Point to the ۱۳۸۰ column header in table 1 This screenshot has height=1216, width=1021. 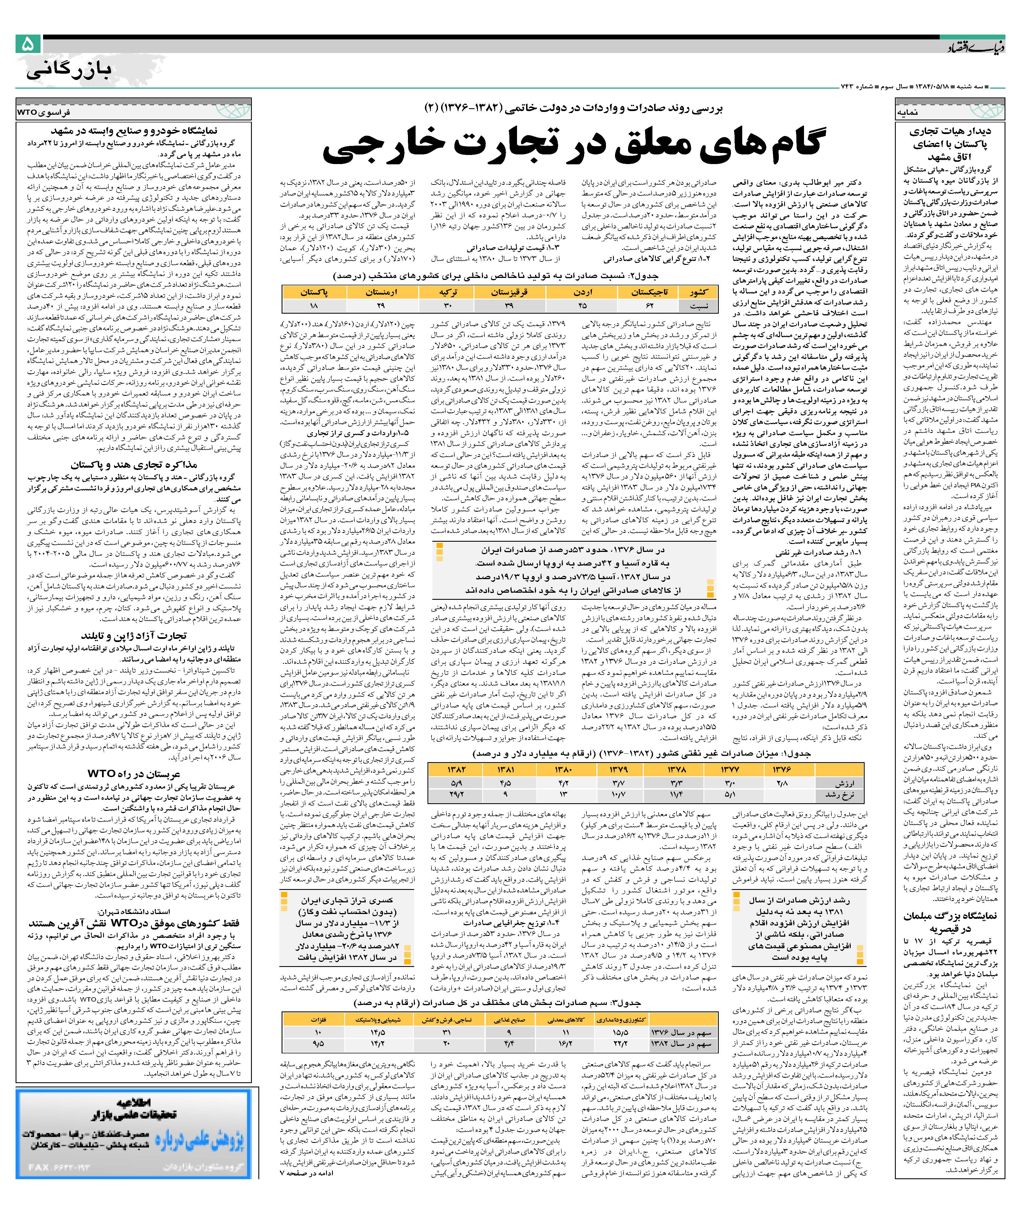tap(563, 769)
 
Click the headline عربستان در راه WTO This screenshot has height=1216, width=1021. tap(133, 774)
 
